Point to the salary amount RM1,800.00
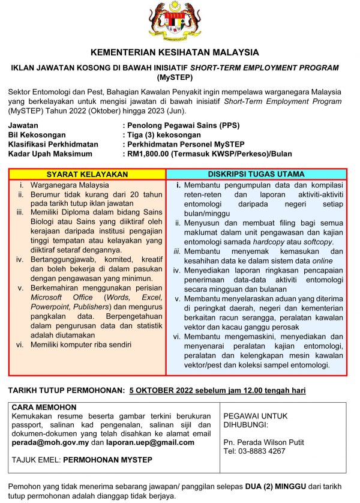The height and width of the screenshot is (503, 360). click(148, 154)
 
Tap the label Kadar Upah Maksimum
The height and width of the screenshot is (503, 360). click(50, 154)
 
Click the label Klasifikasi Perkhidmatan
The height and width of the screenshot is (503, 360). click(52, 145)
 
